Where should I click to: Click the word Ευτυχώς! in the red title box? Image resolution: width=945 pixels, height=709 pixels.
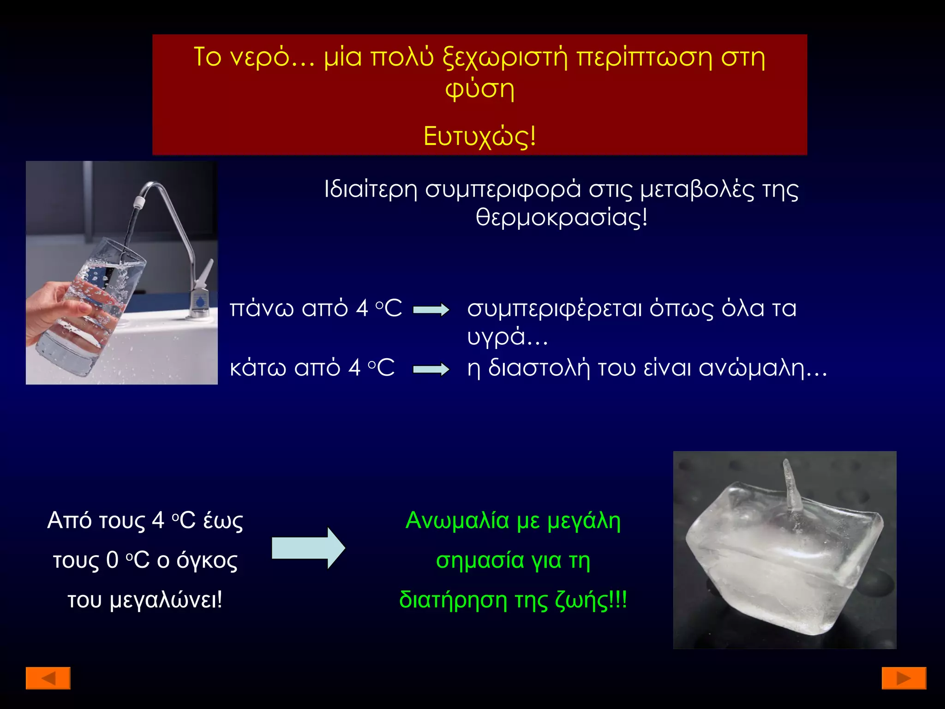point(479,137)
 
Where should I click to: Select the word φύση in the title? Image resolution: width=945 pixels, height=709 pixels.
point(479,89)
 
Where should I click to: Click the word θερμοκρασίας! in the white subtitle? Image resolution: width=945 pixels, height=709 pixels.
point(562,217)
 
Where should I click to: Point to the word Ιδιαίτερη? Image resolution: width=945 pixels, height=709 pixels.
point(371,190)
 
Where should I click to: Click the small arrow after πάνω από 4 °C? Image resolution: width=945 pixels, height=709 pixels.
point(431,310)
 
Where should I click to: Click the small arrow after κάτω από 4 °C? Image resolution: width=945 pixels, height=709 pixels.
point(431,369)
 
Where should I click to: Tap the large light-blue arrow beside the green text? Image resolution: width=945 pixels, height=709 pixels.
point(308,548)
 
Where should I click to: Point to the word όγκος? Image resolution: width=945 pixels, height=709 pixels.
point(207,560)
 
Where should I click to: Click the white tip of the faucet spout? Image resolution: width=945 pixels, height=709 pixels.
point(138,202)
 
